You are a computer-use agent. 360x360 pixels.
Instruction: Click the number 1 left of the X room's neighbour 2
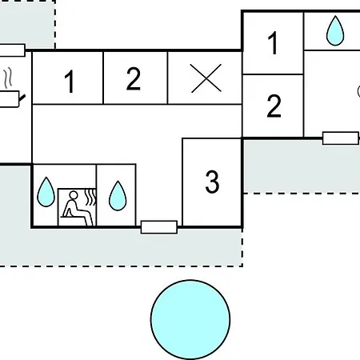tap(70, 82)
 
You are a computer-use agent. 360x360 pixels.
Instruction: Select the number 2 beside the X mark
tap(134, 78)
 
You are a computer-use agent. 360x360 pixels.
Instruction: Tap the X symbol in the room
tap(206, 78)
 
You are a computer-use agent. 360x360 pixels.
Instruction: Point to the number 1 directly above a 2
tap(273, 43)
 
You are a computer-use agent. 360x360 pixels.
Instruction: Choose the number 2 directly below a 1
tap(274, 106)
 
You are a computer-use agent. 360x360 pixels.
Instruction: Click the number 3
tap(212, 182)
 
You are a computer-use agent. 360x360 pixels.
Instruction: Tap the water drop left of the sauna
tap(46, 192)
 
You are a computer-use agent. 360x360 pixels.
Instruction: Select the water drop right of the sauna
tap(118, 196)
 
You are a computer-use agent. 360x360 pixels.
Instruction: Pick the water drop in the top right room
tap(335, 30)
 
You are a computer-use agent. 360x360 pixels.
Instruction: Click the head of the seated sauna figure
tap(74, 195)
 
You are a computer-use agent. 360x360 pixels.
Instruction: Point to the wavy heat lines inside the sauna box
tap(90, 197)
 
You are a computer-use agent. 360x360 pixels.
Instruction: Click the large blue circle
tap(190, 319)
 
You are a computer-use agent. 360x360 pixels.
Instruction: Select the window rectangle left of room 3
tap(159, 227)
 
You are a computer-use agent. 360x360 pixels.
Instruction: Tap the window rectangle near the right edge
tap(341, 138)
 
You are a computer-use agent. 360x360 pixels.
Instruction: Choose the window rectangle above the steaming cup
tap(12, 50)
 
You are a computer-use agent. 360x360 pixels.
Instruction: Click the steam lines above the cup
tap(8, 77)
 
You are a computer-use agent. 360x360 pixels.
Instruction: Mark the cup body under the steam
tap(10, 99)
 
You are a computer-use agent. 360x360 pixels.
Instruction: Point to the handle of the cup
tap(22, 98)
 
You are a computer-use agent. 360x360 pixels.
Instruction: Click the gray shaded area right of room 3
tap(302, 166)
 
